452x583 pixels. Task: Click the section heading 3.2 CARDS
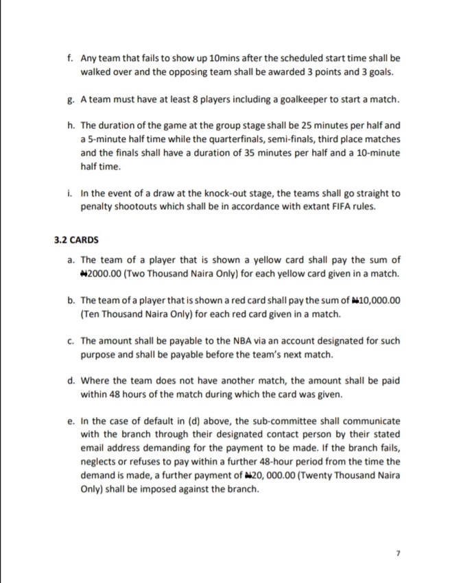[x=76, y=240]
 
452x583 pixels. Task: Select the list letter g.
[x=71, y=100]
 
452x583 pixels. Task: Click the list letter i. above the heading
[x=71, y=193]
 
